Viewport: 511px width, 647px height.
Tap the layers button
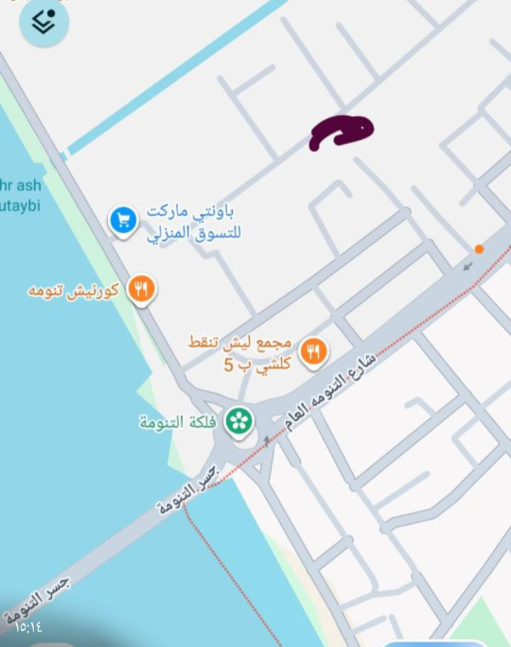point(43,23)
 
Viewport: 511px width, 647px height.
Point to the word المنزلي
point(170,233)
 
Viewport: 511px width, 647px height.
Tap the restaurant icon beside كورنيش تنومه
point(141,290)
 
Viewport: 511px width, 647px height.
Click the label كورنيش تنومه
point(73,290)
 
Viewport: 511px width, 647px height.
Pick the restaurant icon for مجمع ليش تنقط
point(313,351)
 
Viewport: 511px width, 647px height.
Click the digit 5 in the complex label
point(229,366)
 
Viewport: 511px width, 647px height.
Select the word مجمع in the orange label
point(274,342)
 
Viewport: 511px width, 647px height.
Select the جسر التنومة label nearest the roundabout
point(187,489)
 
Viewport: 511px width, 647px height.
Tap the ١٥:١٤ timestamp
point(29,627)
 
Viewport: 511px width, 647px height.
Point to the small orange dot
point(479,249)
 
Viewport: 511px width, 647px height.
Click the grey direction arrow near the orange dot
point(467,267)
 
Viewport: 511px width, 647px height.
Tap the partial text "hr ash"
point(21,186)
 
